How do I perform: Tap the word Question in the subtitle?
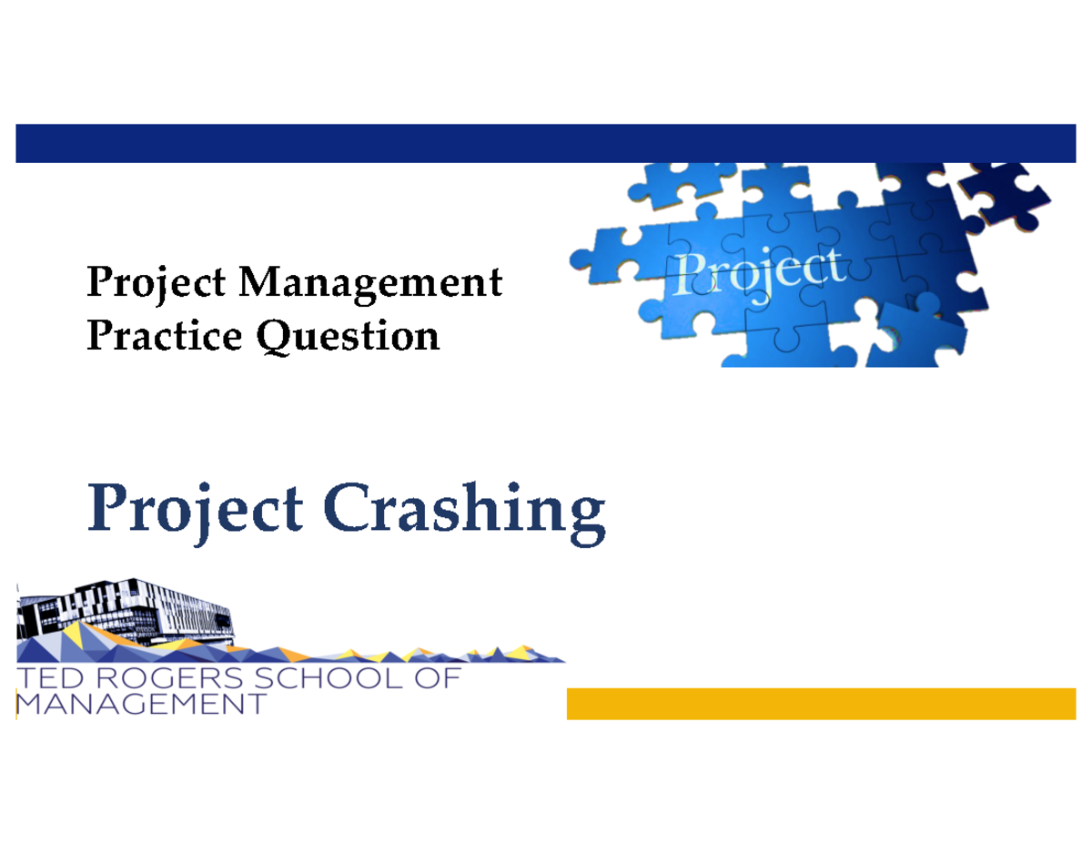point(349,337)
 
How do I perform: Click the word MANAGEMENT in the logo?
point(141,705)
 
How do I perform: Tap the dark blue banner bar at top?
point(546,144)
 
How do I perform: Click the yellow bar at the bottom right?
point(821,704)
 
